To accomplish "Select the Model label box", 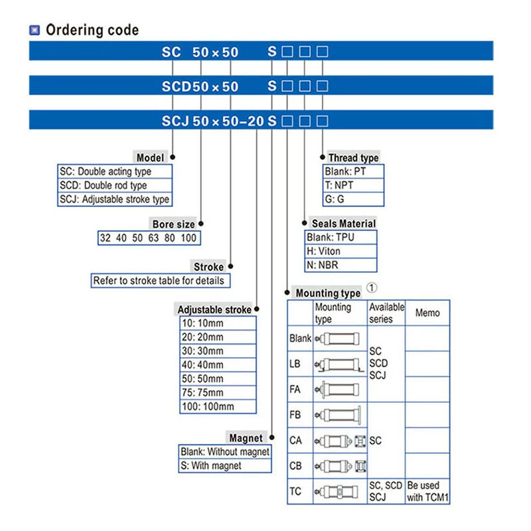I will pyautogui.click(x=150, y=158).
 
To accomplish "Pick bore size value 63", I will pyautogui.click(x=153, y=238).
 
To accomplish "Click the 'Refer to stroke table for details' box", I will pyautogui.click(x=159, y=281).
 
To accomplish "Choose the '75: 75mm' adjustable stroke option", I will pyautogui.click(x=202, y=392).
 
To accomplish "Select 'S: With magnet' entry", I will pyautogui.click(x=211, y=466).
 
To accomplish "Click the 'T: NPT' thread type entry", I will pyautogui.click(x=341, y=185).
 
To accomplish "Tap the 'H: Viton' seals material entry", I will pyautogui.click(x=323, y=251).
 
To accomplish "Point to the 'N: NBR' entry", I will pyautogui.click(x=323, y=265).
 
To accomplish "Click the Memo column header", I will pyautogui.click(x=427, y=313).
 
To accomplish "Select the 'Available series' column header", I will pyautogui.click(x=386, y=313).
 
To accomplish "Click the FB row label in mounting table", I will pyautogui.click(x=296, y=415).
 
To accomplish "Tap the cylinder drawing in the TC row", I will pyautogui.click(x=340, y=492).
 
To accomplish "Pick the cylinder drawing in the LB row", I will pyautogui.click(x=340, y=364).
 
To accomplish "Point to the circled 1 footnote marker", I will pyautogui.click(x=372, y=288).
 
